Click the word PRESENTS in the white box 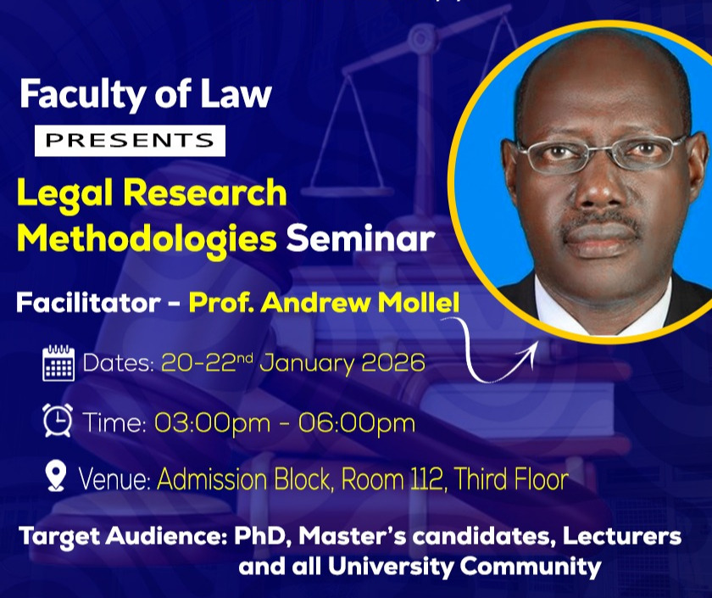click(130, 141)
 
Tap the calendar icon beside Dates click(58, 364)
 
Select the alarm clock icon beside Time click(58, 421)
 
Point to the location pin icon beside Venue click(56, 477)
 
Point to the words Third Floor click(511, 479)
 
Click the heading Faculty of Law click(145, 94)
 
